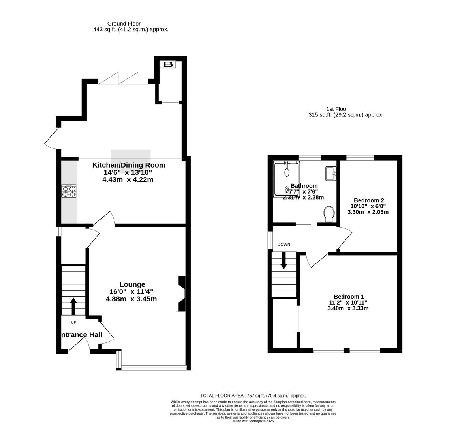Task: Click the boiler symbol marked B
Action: (x=168, y=64)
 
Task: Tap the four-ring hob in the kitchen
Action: (x=69, y=191)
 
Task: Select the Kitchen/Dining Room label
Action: (x=128, y=165)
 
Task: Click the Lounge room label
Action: (x=132, y=284)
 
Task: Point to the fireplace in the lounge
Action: (x=181, y=294)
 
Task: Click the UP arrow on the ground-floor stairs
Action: (x=73, y=306)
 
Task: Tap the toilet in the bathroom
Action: (x=328, y=214)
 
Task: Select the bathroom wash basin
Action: (x=331, y=173)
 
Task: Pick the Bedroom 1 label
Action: (x=349, y=297)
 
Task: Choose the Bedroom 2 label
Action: (x=368, y=200)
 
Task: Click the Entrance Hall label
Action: (x=81, y=335)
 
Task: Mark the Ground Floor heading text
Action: (x=124, y=24)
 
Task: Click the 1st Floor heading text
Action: (x=337, y=109)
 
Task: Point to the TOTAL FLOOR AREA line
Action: (x=253, y=396)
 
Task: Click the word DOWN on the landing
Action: (x=283, y=245)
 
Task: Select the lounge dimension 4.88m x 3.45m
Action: (x=131, y=299)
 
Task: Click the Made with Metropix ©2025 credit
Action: (x=253, y=421)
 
